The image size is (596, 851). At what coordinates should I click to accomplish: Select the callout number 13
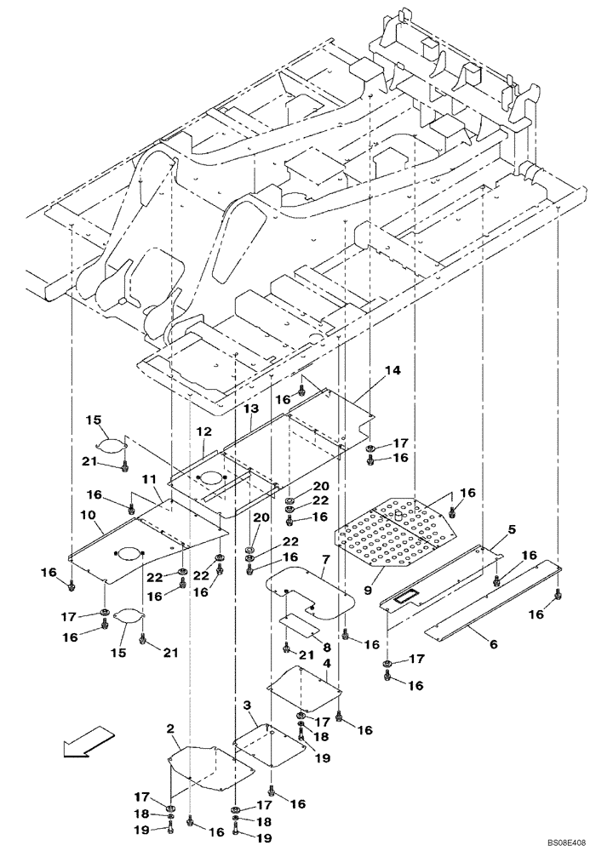click(x=250, y=409)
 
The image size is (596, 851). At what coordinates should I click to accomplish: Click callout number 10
click(x=89, y=516)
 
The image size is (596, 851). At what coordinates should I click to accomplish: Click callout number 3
click(x=247, y=705)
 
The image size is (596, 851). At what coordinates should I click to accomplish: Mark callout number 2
click(x=170, y=729)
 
